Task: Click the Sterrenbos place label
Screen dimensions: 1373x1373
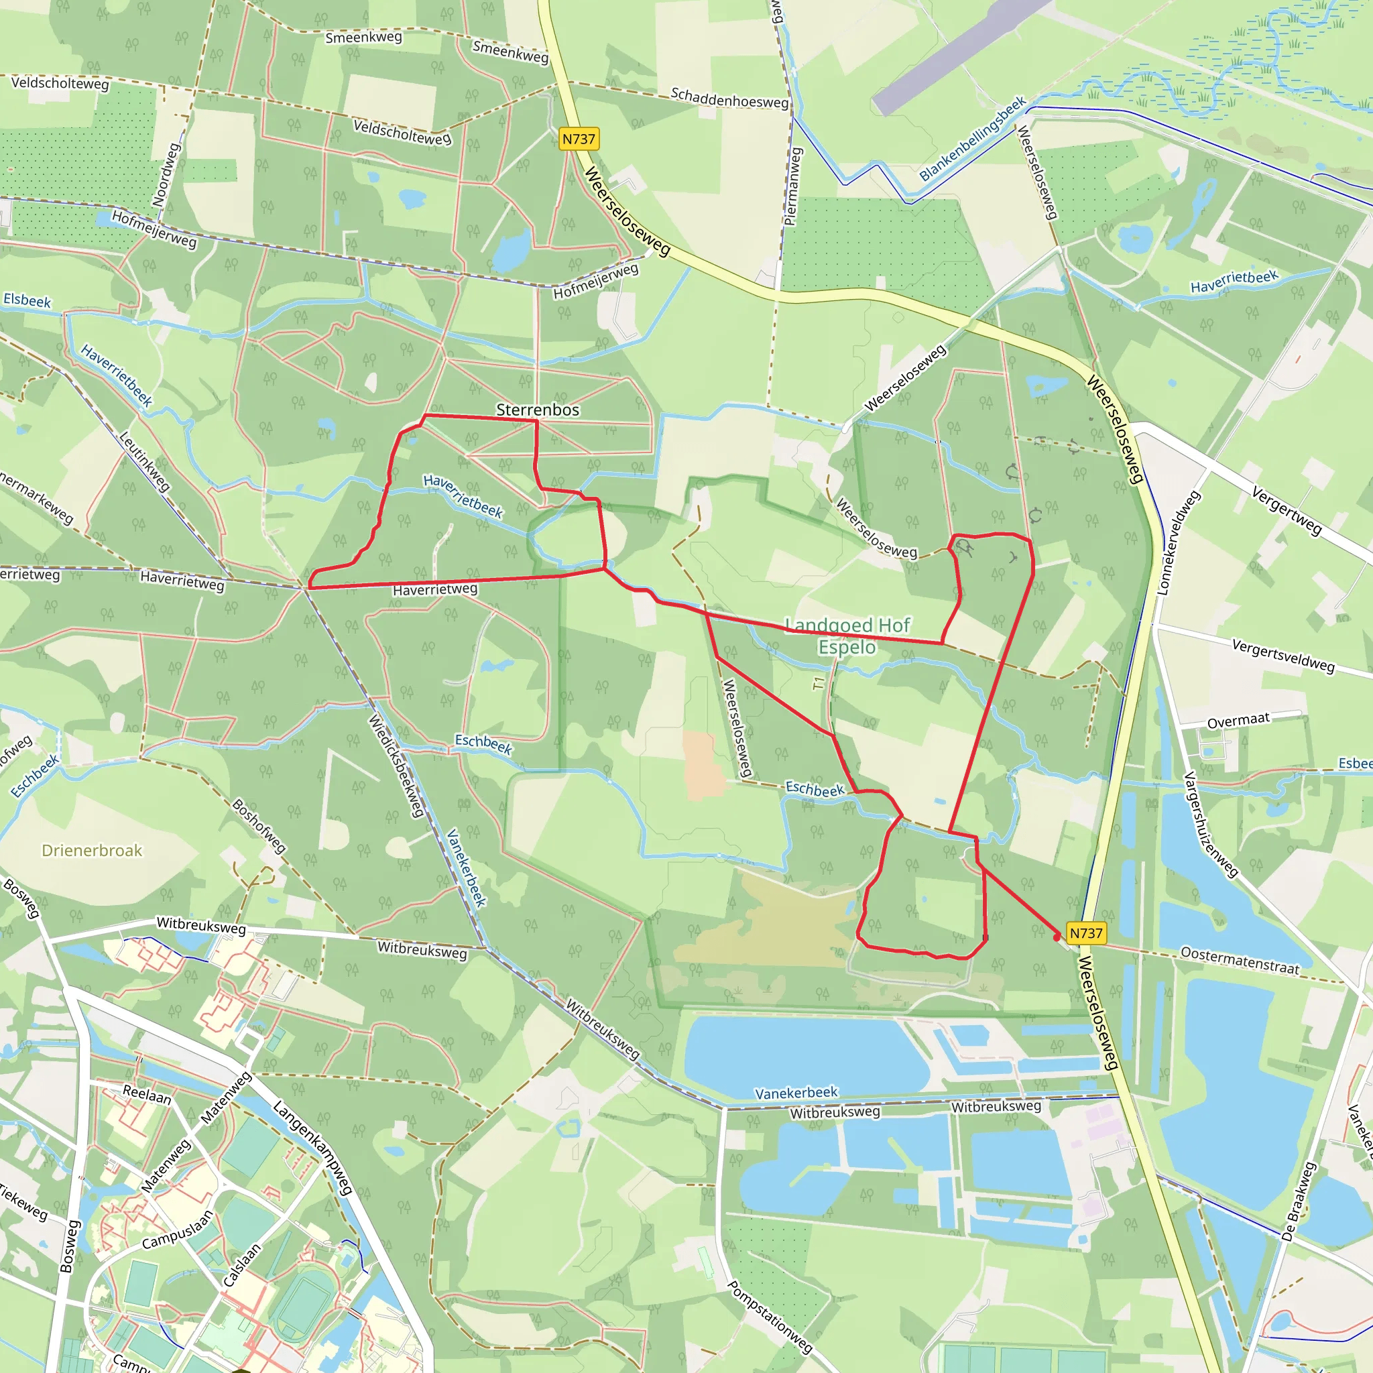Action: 537,410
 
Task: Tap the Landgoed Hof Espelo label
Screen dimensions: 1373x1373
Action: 847,636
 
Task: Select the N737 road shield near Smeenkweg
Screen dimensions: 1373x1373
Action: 579,139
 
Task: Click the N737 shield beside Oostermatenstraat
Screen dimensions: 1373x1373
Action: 1086,933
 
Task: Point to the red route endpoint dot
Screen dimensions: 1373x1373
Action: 1057,937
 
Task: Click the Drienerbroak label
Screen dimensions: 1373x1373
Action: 92,851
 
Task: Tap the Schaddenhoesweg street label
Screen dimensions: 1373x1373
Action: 729,98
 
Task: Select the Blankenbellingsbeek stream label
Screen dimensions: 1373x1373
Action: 972,139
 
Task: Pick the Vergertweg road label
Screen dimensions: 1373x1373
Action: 1287,511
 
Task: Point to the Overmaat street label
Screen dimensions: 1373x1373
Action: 1238,721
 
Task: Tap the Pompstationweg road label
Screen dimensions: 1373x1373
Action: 770,1316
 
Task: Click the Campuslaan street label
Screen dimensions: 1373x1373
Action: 177,1230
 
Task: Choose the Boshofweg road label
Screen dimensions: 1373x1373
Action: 259,827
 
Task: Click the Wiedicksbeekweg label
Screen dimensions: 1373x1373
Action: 396,766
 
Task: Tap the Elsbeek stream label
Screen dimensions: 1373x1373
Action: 27,300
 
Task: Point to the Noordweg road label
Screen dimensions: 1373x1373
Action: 166,175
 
